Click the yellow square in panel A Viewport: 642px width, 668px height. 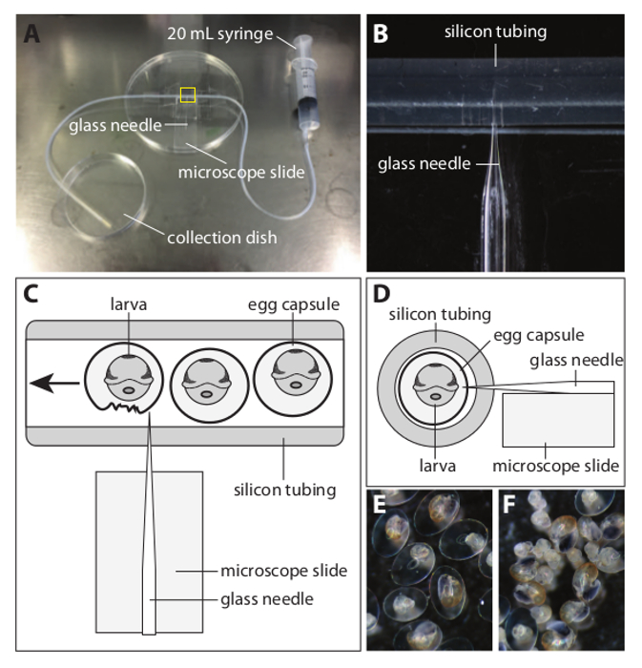188,94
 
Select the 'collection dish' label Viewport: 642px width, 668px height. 221,237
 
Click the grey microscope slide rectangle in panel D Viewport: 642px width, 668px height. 558,420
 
